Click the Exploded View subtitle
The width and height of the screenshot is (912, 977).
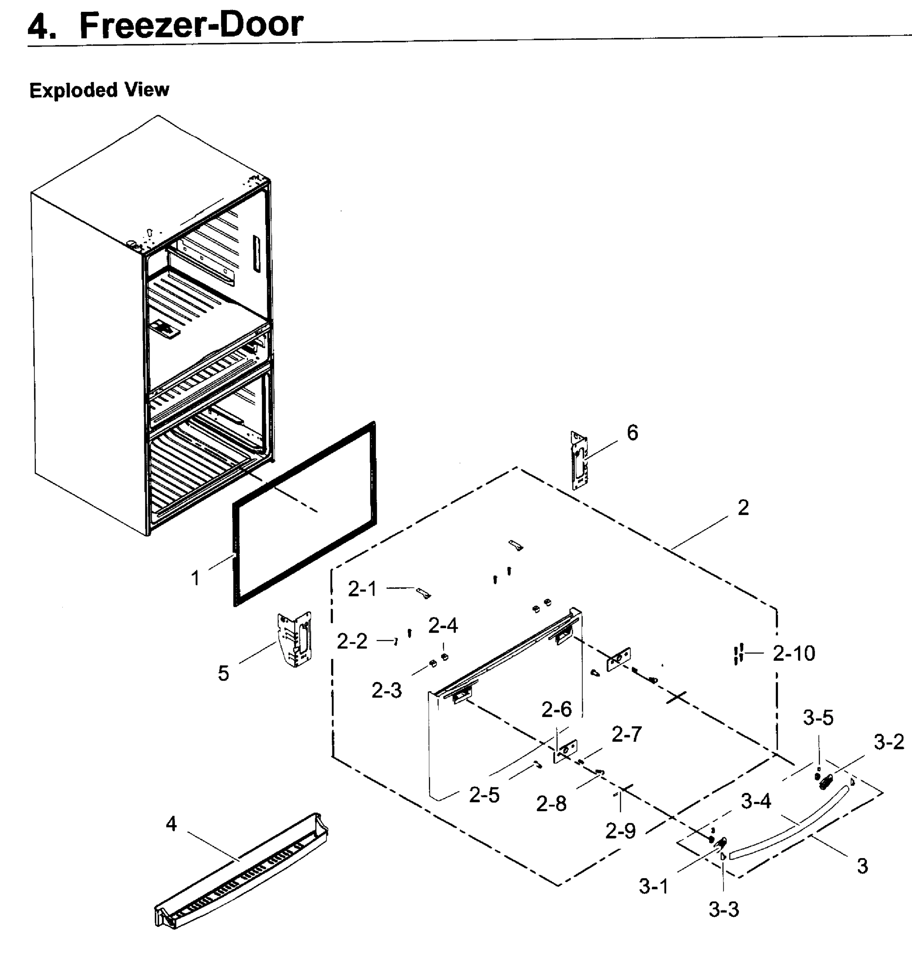99,90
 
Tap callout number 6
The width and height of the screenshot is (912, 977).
632,432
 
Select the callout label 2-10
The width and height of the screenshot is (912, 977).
794,653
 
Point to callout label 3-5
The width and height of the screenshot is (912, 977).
818,718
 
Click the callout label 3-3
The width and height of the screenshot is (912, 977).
724,910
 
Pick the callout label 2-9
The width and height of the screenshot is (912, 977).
620,831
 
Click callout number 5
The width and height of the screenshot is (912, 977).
224,673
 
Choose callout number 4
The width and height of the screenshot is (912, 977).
171,824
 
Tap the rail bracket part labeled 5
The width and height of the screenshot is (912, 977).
295,639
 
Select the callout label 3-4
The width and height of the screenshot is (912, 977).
756,801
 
